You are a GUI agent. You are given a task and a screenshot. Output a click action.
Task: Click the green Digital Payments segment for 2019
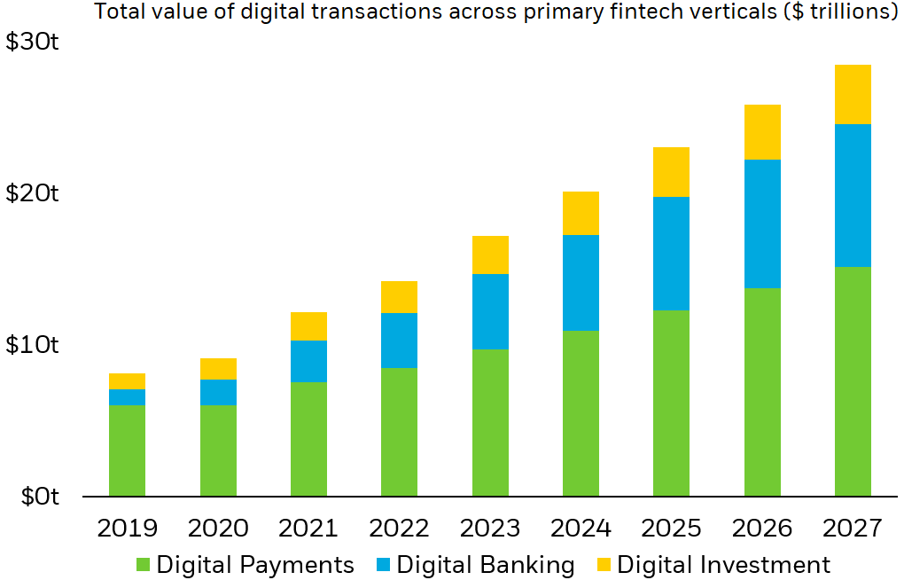point(127,451)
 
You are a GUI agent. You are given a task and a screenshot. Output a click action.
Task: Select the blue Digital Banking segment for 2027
point(853,195)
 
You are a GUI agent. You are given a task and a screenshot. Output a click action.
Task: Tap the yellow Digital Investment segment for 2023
point(490,255)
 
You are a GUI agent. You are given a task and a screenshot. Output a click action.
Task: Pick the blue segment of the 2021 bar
point(308,361)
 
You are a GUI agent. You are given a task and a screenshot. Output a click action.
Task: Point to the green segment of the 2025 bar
point(671,403)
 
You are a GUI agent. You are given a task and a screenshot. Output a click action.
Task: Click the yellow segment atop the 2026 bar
point(762,132)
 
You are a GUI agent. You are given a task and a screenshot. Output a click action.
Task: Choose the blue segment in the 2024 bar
point(581,283)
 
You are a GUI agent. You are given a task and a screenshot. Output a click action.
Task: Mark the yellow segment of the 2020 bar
point(218,369)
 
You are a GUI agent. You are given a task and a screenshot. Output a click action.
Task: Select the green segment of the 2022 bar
point(399,432)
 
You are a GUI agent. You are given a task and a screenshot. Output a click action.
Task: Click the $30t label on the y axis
point(33,43)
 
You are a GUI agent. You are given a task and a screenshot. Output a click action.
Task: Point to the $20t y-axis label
point(33,193)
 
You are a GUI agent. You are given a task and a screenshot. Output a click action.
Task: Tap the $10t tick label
point(33,344)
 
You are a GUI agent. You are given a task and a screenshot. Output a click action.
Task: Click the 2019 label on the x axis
point(127,529)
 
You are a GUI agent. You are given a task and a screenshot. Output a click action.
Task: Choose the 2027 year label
point(853,529)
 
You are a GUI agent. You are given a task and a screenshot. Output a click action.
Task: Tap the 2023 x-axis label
point(490,529)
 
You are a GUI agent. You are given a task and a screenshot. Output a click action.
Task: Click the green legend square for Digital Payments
point(143,565)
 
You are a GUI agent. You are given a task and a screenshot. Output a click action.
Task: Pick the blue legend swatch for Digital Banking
point(382,565)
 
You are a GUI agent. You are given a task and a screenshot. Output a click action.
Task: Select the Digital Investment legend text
point(723,565)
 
